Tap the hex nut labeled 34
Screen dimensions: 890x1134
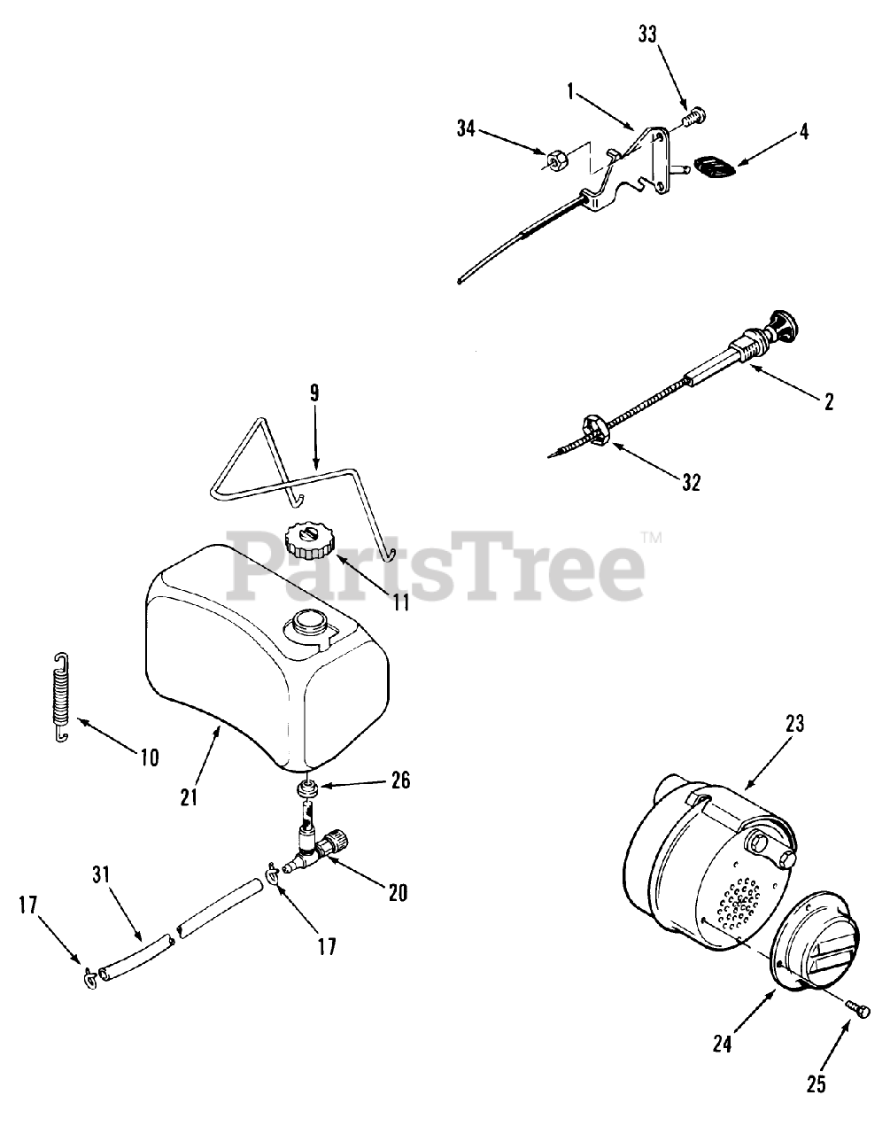553,157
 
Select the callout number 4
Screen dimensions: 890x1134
804,132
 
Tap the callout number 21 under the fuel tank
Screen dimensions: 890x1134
189,796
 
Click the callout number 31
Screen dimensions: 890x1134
101,874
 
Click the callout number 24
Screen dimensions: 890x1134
722,1044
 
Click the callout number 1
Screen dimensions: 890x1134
571,93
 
